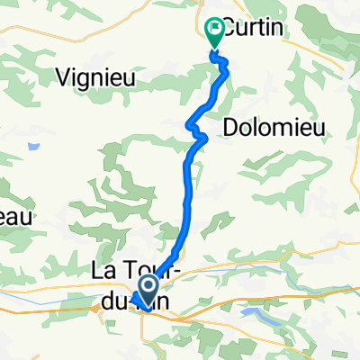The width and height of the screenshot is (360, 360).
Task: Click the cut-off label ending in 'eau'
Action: [15, 217]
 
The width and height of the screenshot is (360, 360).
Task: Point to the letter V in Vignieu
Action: [62, 77]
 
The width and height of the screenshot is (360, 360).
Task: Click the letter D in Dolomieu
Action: [228, 126]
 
